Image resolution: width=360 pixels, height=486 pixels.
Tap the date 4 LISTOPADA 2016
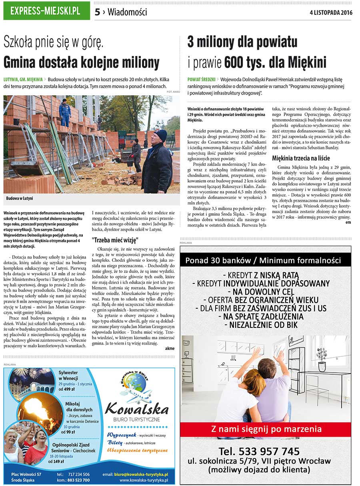point(331,12)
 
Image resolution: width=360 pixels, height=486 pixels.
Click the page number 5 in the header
point(97,12)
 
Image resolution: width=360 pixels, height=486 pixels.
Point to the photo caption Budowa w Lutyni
point(20,198)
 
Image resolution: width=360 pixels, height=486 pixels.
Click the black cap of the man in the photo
point(160,134)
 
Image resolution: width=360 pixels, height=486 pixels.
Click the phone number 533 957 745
point(259,451)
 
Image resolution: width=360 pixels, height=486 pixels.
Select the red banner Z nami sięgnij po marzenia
point(266,430)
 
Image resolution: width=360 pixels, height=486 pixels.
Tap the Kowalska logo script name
point(136,409)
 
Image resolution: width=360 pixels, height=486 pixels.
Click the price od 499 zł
point(67,389)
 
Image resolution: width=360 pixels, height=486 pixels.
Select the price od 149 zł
point(56,462)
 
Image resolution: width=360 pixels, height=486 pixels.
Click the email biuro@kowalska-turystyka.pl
point(141,474)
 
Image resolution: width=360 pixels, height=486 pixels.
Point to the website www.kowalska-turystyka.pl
point(144,480)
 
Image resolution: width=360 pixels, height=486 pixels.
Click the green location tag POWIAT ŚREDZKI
point(201,80)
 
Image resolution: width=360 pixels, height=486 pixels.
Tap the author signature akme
point(170,348)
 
